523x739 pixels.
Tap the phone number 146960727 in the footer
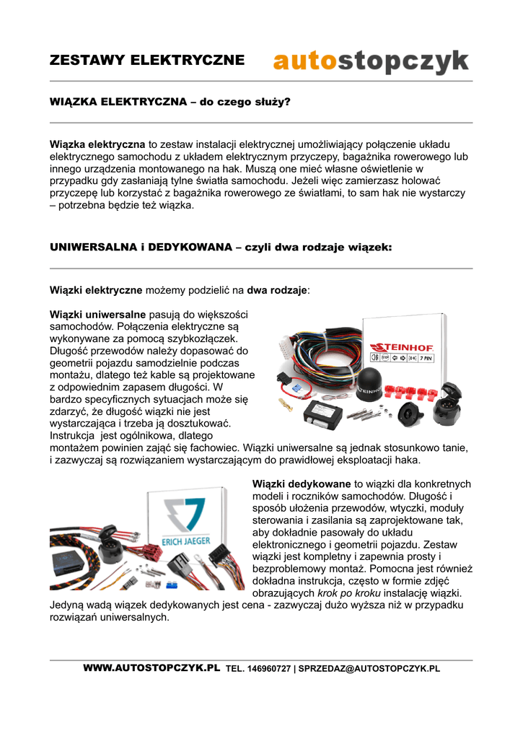[x=268, y=669]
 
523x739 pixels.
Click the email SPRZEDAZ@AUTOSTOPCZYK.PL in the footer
[x=369, y=669]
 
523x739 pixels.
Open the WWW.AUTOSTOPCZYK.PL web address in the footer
[x=151, y=668]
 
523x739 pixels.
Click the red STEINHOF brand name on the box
[x=401, y=344]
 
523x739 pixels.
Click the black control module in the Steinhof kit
[x=324, y=414]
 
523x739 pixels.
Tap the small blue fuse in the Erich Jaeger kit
[x=171, y=582]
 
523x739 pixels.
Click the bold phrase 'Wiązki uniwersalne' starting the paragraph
[x=98, y=315]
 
